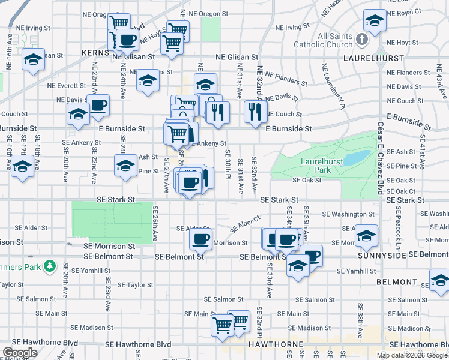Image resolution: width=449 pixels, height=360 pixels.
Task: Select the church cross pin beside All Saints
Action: coord(361,40)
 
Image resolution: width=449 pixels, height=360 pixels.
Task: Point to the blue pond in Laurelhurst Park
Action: coord(358,157)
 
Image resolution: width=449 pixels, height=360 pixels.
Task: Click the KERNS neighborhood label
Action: coord(94,53)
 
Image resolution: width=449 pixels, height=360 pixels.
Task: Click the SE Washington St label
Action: coord(348,214)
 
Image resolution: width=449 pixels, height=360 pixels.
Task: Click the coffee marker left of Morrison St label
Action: coord(200,239)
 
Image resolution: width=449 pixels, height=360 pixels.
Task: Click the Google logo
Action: coord(20,353)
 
